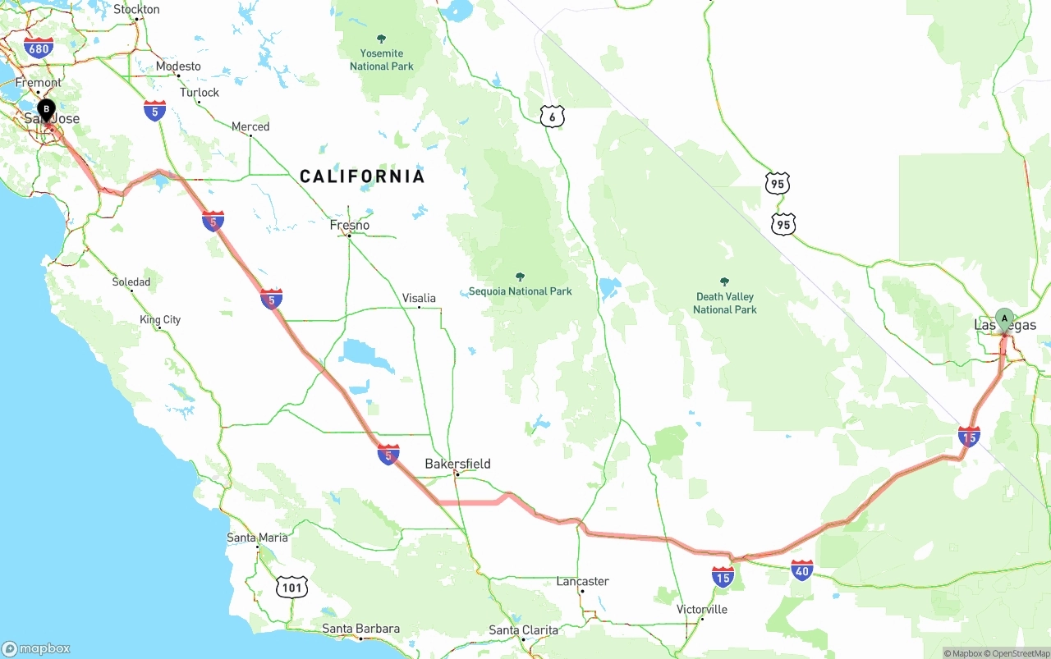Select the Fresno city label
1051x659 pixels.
tap(350, 225)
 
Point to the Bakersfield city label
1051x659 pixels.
tap(457, 464)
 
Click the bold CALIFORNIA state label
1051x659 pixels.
tap(362, 176)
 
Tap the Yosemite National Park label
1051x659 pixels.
tap(381, 59)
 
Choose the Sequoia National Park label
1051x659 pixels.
tap(520, 291)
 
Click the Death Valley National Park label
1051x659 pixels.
tap(724, 302)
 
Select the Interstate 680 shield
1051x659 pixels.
tap(39, 48)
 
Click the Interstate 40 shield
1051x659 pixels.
tap(802, 570)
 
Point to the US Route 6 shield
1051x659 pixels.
tap(553, 117)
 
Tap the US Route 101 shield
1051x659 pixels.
tap(293, 586)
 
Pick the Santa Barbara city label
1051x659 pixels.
tap(360, 629)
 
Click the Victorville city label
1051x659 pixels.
tap(701, 609)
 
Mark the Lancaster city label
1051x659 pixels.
tap(582, 581)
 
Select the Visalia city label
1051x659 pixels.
tap(419, 298)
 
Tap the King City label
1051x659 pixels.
tap(160, 319)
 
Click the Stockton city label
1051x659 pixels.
tap(136, 10)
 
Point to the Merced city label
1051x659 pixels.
tap(250, 126)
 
